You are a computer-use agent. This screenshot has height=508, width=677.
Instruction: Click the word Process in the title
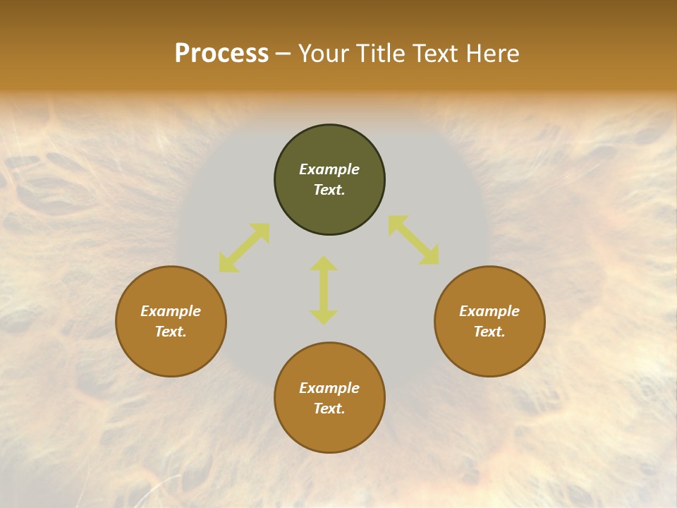coord(221,54)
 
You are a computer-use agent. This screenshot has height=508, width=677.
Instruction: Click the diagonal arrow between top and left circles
coord(244,248)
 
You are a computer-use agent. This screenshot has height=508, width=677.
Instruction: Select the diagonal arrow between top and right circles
coord(414,241)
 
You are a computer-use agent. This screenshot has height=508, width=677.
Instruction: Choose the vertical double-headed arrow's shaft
coord(324,290)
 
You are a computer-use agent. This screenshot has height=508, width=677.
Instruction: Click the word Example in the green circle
coord(329,169)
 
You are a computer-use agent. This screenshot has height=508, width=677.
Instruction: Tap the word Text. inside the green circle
coord(329,190)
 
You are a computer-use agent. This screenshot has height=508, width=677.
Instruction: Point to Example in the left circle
coord(171,311)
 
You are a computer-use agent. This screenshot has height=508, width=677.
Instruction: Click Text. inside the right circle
coord(489,332)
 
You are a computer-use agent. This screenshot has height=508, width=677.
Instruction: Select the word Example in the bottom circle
coord(329,388)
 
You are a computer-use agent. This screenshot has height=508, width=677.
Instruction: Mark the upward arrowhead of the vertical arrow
coord(324,263)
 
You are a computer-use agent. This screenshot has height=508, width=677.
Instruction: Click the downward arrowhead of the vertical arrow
coord(324,317)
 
